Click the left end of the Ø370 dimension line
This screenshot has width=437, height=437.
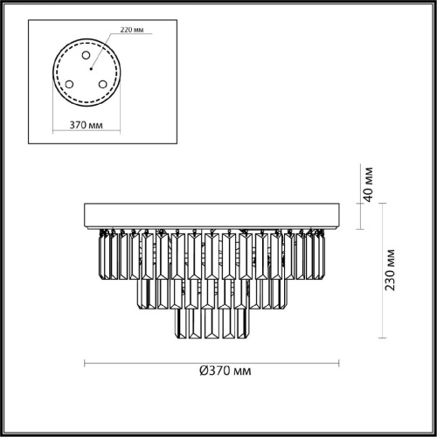click(84, 362)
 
